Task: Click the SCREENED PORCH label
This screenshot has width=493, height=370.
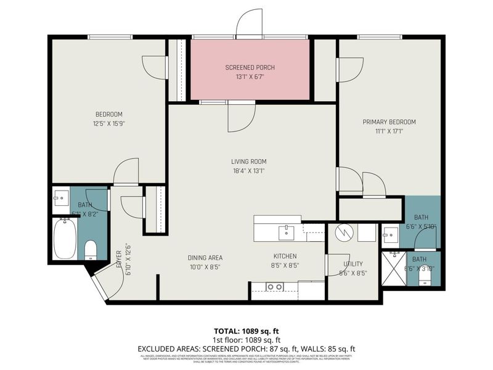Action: coord(250,67)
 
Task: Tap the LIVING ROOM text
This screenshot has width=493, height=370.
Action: coord(249,162)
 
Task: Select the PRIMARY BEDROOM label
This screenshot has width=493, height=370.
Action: coord(389,122)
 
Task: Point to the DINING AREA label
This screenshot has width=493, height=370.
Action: coord(205,257)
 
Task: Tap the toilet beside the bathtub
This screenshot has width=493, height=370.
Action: coord(91,249)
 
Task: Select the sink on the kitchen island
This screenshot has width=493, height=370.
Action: coord(286,232)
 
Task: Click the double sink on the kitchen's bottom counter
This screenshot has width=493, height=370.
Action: coord(275,287)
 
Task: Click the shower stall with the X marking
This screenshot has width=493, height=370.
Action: coord(393,269)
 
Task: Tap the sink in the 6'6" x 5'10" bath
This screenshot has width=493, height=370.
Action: coord(389,234)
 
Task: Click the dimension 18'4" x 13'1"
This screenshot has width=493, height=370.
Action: coord(249,171)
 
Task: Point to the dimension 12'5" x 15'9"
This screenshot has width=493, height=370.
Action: coord(108,123)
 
